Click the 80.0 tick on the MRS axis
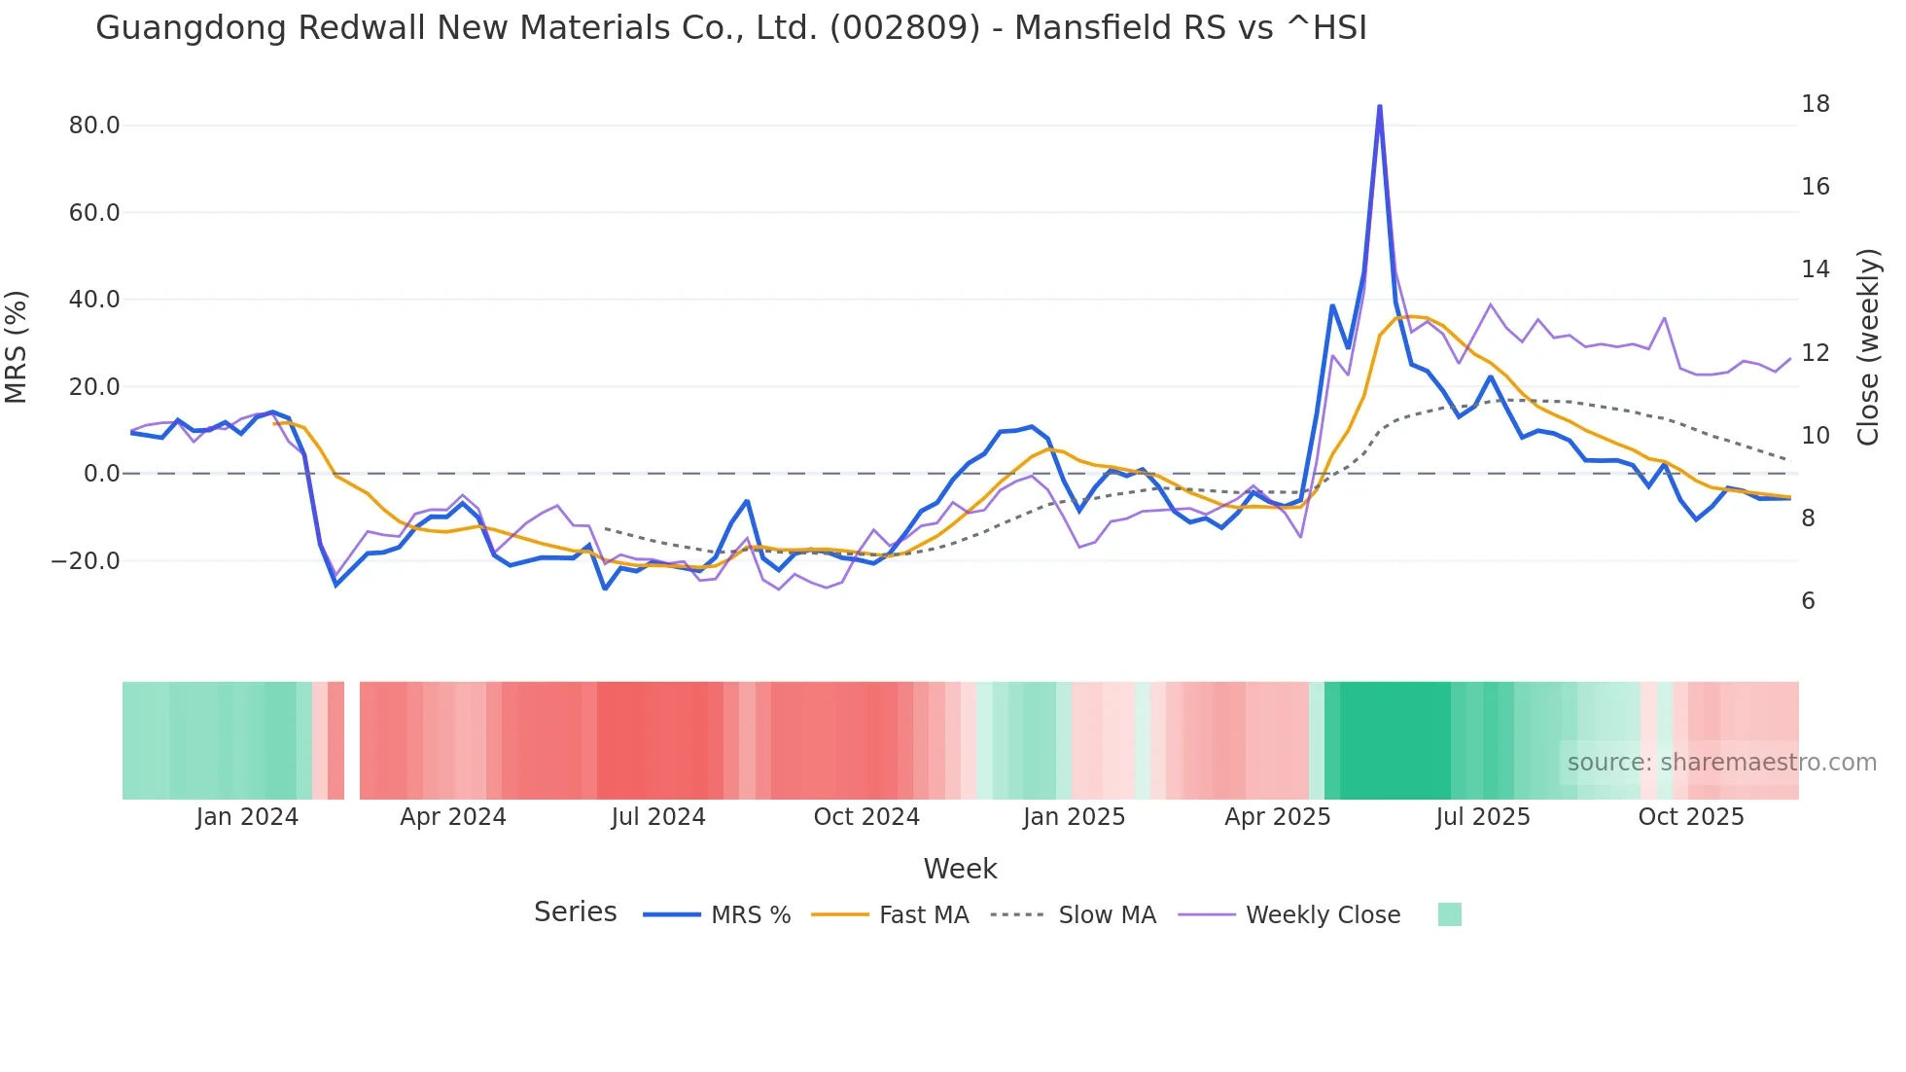(x=93, y=125)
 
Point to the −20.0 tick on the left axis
(x=86, y=561)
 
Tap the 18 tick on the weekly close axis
(x=1815, y=104)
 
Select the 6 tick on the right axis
(x=1808, y=601)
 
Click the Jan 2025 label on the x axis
(x=1074, y=817)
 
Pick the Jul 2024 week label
(x=658, y=817)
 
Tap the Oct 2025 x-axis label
(x=1691, y=817)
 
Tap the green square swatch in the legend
(x=1449, y=914)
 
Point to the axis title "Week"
(x=960, y=869)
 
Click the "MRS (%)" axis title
(x=17, y=347)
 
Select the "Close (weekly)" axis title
(x=1867, y=347)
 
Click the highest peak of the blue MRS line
(x=1379, y=107)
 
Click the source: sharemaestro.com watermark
(x=1721, y=763)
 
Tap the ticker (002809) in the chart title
(x=904, y=28)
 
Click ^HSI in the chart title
(x=1326, y=28)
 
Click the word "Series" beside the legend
(x=575, y=912)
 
